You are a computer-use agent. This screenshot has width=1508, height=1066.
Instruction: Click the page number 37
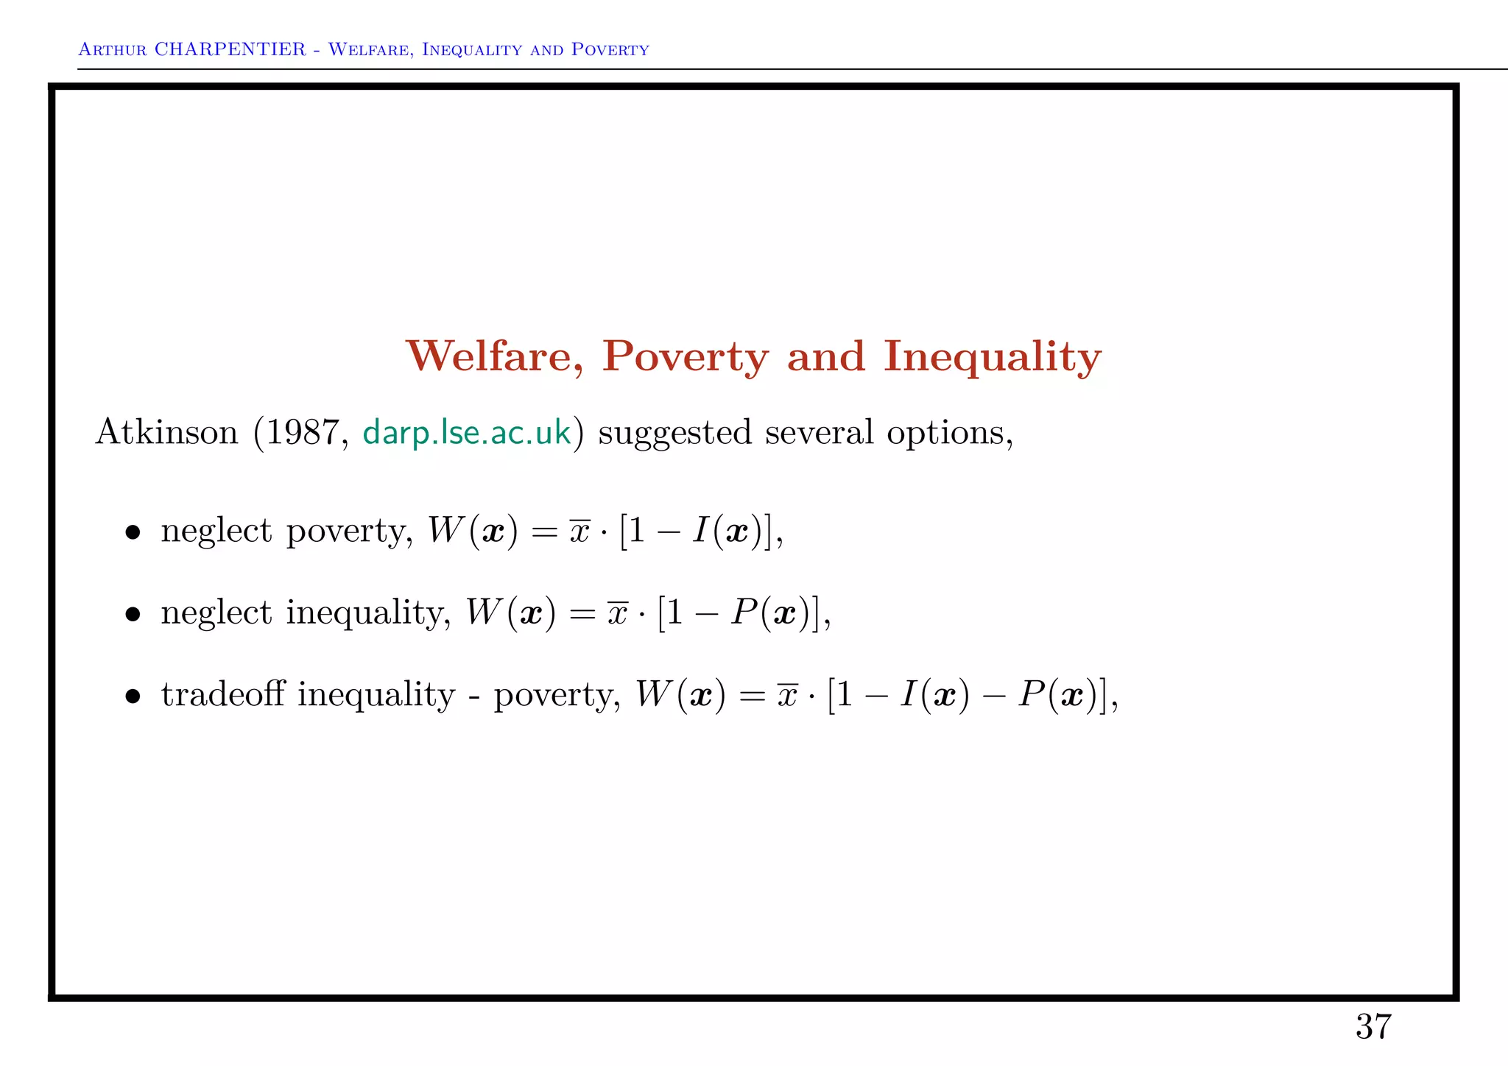coord(1373,1026)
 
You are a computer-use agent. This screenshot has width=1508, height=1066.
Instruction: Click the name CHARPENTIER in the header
coord(230,49)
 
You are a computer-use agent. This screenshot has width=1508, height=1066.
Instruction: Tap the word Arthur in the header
coord(112,50)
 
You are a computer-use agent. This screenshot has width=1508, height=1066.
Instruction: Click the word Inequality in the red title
coord(992,359)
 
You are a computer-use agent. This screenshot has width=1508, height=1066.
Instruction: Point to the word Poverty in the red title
coord(686,359)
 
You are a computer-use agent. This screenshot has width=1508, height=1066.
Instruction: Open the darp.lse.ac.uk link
coord(467,432)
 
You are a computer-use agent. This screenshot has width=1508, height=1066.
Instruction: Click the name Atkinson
coord(167,431)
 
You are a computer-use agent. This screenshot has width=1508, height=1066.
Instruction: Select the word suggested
coord(674,433)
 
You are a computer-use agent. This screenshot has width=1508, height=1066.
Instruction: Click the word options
coord(948,433)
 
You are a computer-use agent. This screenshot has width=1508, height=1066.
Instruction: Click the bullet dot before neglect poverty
coord(133,532)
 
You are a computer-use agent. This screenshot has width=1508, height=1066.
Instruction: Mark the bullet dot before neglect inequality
coord(133,614)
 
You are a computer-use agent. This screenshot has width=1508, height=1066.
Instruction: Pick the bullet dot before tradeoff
coord(133,696)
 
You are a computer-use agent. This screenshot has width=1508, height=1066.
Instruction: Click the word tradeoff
coord(222,694)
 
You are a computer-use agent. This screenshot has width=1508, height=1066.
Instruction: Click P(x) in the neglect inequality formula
coord(771,613)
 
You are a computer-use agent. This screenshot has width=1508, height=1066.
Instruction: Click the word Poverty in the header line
coord(610,50)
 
